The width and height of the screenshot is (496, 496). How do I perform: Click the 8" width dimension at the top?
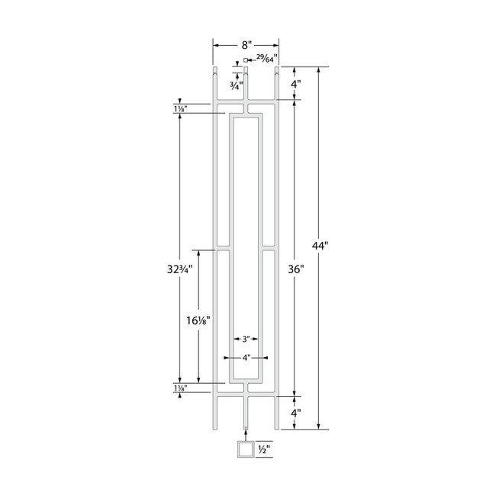coord(246,45)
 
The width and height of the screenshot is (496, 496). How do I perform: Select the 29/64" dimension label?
coord(266,57)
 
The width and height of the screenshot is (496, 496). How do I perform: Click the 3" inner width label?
coord(245,339)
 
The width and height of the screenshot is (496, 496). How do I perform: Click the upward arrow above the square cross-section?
coord(246,432)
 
